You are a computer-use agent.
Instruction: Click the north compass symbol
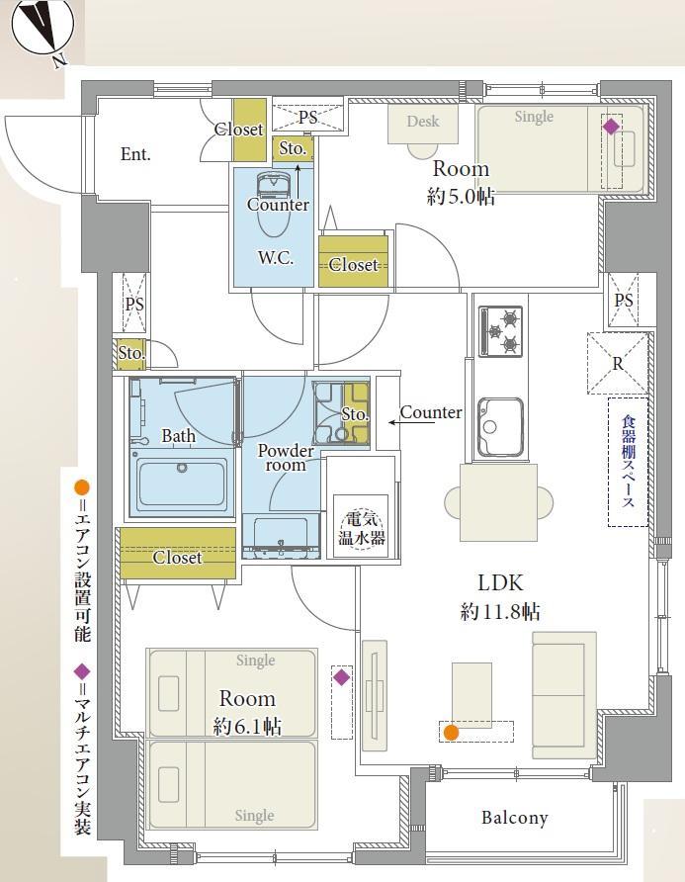pyautogui.click(x=43, y=27)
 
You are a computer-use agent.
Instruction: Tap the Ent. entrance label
pyautogui.click(x=135, y=154)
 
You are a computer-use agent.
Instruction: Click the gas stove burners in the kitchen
pyautogui.click(x=500, y=331)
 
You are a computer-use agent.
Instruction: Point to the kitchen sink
pyautogui.click(x=500, y=426)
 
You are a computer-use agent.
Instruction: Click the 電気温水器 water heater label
pyautogui.click(x=361, y=528)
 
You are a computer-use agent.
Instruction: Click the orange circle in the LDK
pyautogui.click(x=451, y=733)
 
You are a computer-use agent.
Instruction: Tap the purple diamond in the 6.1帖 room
pyautogui.click(x=341, y=676)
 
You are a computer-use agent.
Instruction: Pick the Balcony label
pyautogui.click(x=515, y=818)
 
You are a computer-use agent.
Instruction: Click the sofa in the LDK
pyautogui.click(x=564, y=695)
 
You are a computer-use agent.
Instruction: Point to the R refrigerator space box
pyautogui.click(x=618, y=363)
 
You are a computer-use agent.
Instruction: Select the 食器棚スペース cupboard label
pyautogui.click(x=629, y=462)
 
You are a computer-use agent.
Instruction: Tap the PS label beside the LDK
pyautogui.click(x=624, y=300)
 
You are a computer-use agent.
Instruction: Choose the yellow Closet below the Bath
pyautogui.click(x=178, y=553)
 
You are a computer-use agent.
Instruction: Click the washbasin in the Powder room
pyautogui.click(x=281, y=537)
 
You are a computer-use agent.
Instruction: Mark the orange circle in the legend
pyautogui.click(x=82, y=487)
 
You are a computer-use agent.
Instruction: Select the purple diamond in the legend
pyautogui.click(x=82, y=671)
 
